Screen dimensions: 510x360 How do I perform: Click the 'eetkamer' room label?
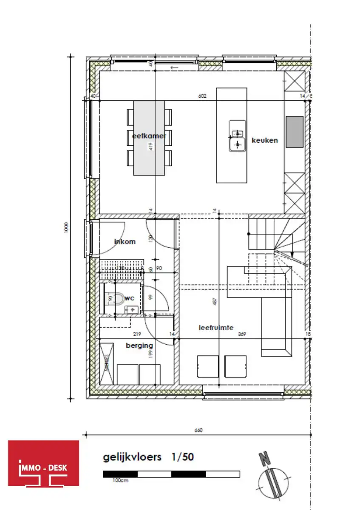tap(149, 136)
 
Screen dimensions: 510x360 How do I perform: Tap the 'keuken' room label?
tap(264, 140)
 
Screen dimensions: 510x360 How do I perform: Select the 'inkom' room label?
tap(125, 241)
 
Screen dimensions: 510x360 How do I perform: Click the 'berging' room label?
tap(139, 346)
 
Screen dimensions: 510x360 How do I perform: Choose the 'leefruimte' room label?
tap(216, 328)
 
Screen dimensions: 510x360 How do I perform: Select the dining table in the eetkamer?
tap(149, 138)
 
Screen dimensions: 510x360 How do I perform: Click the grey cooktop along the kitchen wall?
tap(294, 132)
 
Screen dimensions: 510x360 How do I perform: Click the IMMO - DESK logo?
tap(44, 463)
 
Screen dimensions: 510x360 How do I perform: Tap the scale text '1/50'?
tap(183, 457)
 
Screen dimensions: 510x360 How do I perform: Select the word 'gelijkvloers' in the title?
tap(132, 457)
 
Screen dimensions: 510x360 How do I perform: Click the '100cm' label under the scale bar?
tap(120, 480)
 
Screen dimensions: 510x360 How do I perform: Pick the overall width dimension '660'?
tap(198, 430)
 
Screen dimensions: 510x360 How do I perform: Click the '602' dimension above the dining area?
tap(202, 96)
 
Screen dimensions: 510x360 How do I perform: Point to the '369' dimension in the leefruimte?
tap(242, 334)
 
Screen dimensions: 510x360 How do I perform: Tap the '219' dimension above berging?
tap(137, 334)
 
